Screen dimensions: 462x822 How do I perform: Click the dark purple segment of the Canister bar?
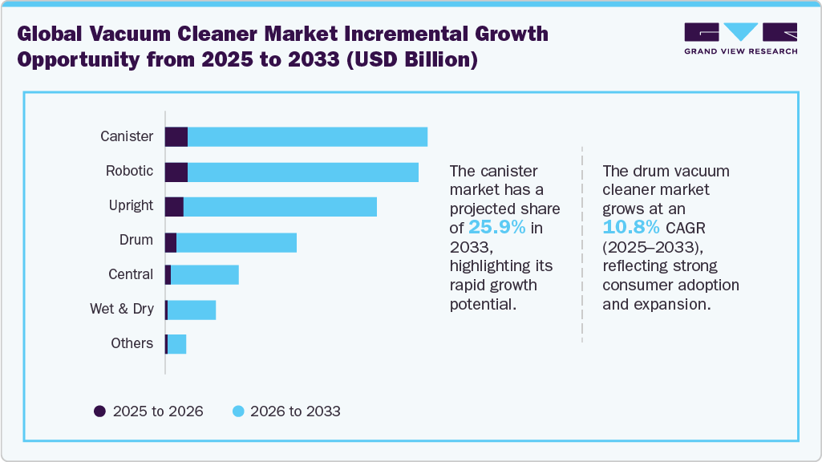click(x=176, y=137)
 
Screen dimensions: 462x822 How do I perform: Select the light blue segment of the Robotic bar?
click(x=303, y=172)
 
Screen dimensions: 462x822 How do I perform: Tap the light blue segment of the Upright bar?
click(x=280, y=206)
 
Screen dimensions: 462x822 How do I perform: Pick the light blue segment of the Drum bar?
click(x=237, y=243)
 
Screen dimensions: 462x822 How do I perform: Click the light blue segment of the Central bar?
click(x=204, y=275)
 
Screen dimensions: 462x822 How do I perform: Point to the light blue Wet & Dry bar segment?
click(x=192, y=310)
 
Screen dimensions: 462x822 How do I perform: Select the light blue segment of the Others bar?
click(x=176, y=344)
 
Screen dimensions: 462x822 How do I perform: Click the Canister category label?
click(x=127, y=136)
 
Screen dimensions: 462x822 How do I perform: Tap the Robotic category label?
click(x=129, y=171)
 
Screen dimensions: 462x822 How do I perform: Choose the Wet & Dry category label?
click(x=122, y=309)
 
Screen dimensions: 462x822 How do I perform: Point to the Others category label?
click(x=132, y=343)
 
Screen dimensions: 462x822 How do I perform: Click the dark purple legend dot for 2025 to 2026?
click(x=100, y=411)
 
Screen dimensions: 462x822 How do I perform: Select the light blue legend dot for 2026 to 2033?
click(x=237, y=411)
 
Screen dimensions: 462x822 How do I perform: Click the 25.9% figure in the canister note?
click(x=497, y=227)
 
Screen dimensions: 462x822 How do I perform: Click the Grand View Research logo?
click(x=740, y=38)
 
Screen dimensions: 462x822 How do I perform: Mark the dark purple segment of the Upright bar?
click(x=174, y=206)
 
